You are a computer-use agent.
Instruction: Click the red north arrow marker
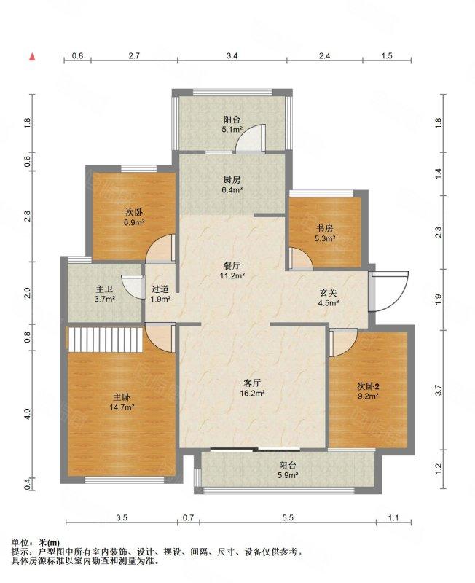33,57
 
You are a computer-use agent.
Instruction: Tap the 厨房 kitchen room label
232,180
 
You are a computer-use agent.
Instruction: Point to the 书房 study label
325,228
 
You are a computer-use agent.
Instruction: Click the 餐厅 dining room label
232,266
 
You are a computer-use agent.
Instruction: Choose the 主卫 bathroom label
104,289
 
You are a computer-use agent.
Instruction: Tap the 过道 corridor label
160,289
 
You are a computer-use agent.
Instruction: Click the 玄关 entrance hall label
328,292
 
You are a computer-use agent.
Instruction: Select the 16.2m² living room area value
254,393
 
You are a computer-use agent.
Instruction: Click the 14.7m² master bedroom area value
122,407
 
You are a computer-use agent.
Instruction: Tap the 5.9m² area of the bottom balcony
288,475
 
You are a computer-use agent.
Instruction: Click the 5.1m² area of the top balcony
232,130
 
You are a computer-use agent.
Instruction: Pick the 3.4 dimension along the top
232,56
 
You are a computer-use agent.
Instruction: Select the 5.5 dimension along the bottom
288,517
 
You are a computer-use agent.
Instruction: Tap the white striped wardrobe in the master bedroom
106,339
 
